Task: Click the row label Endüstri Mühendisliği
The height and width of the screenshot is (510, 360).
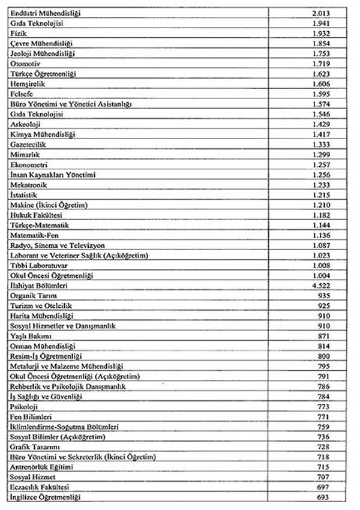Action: (x=46, y=13)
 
